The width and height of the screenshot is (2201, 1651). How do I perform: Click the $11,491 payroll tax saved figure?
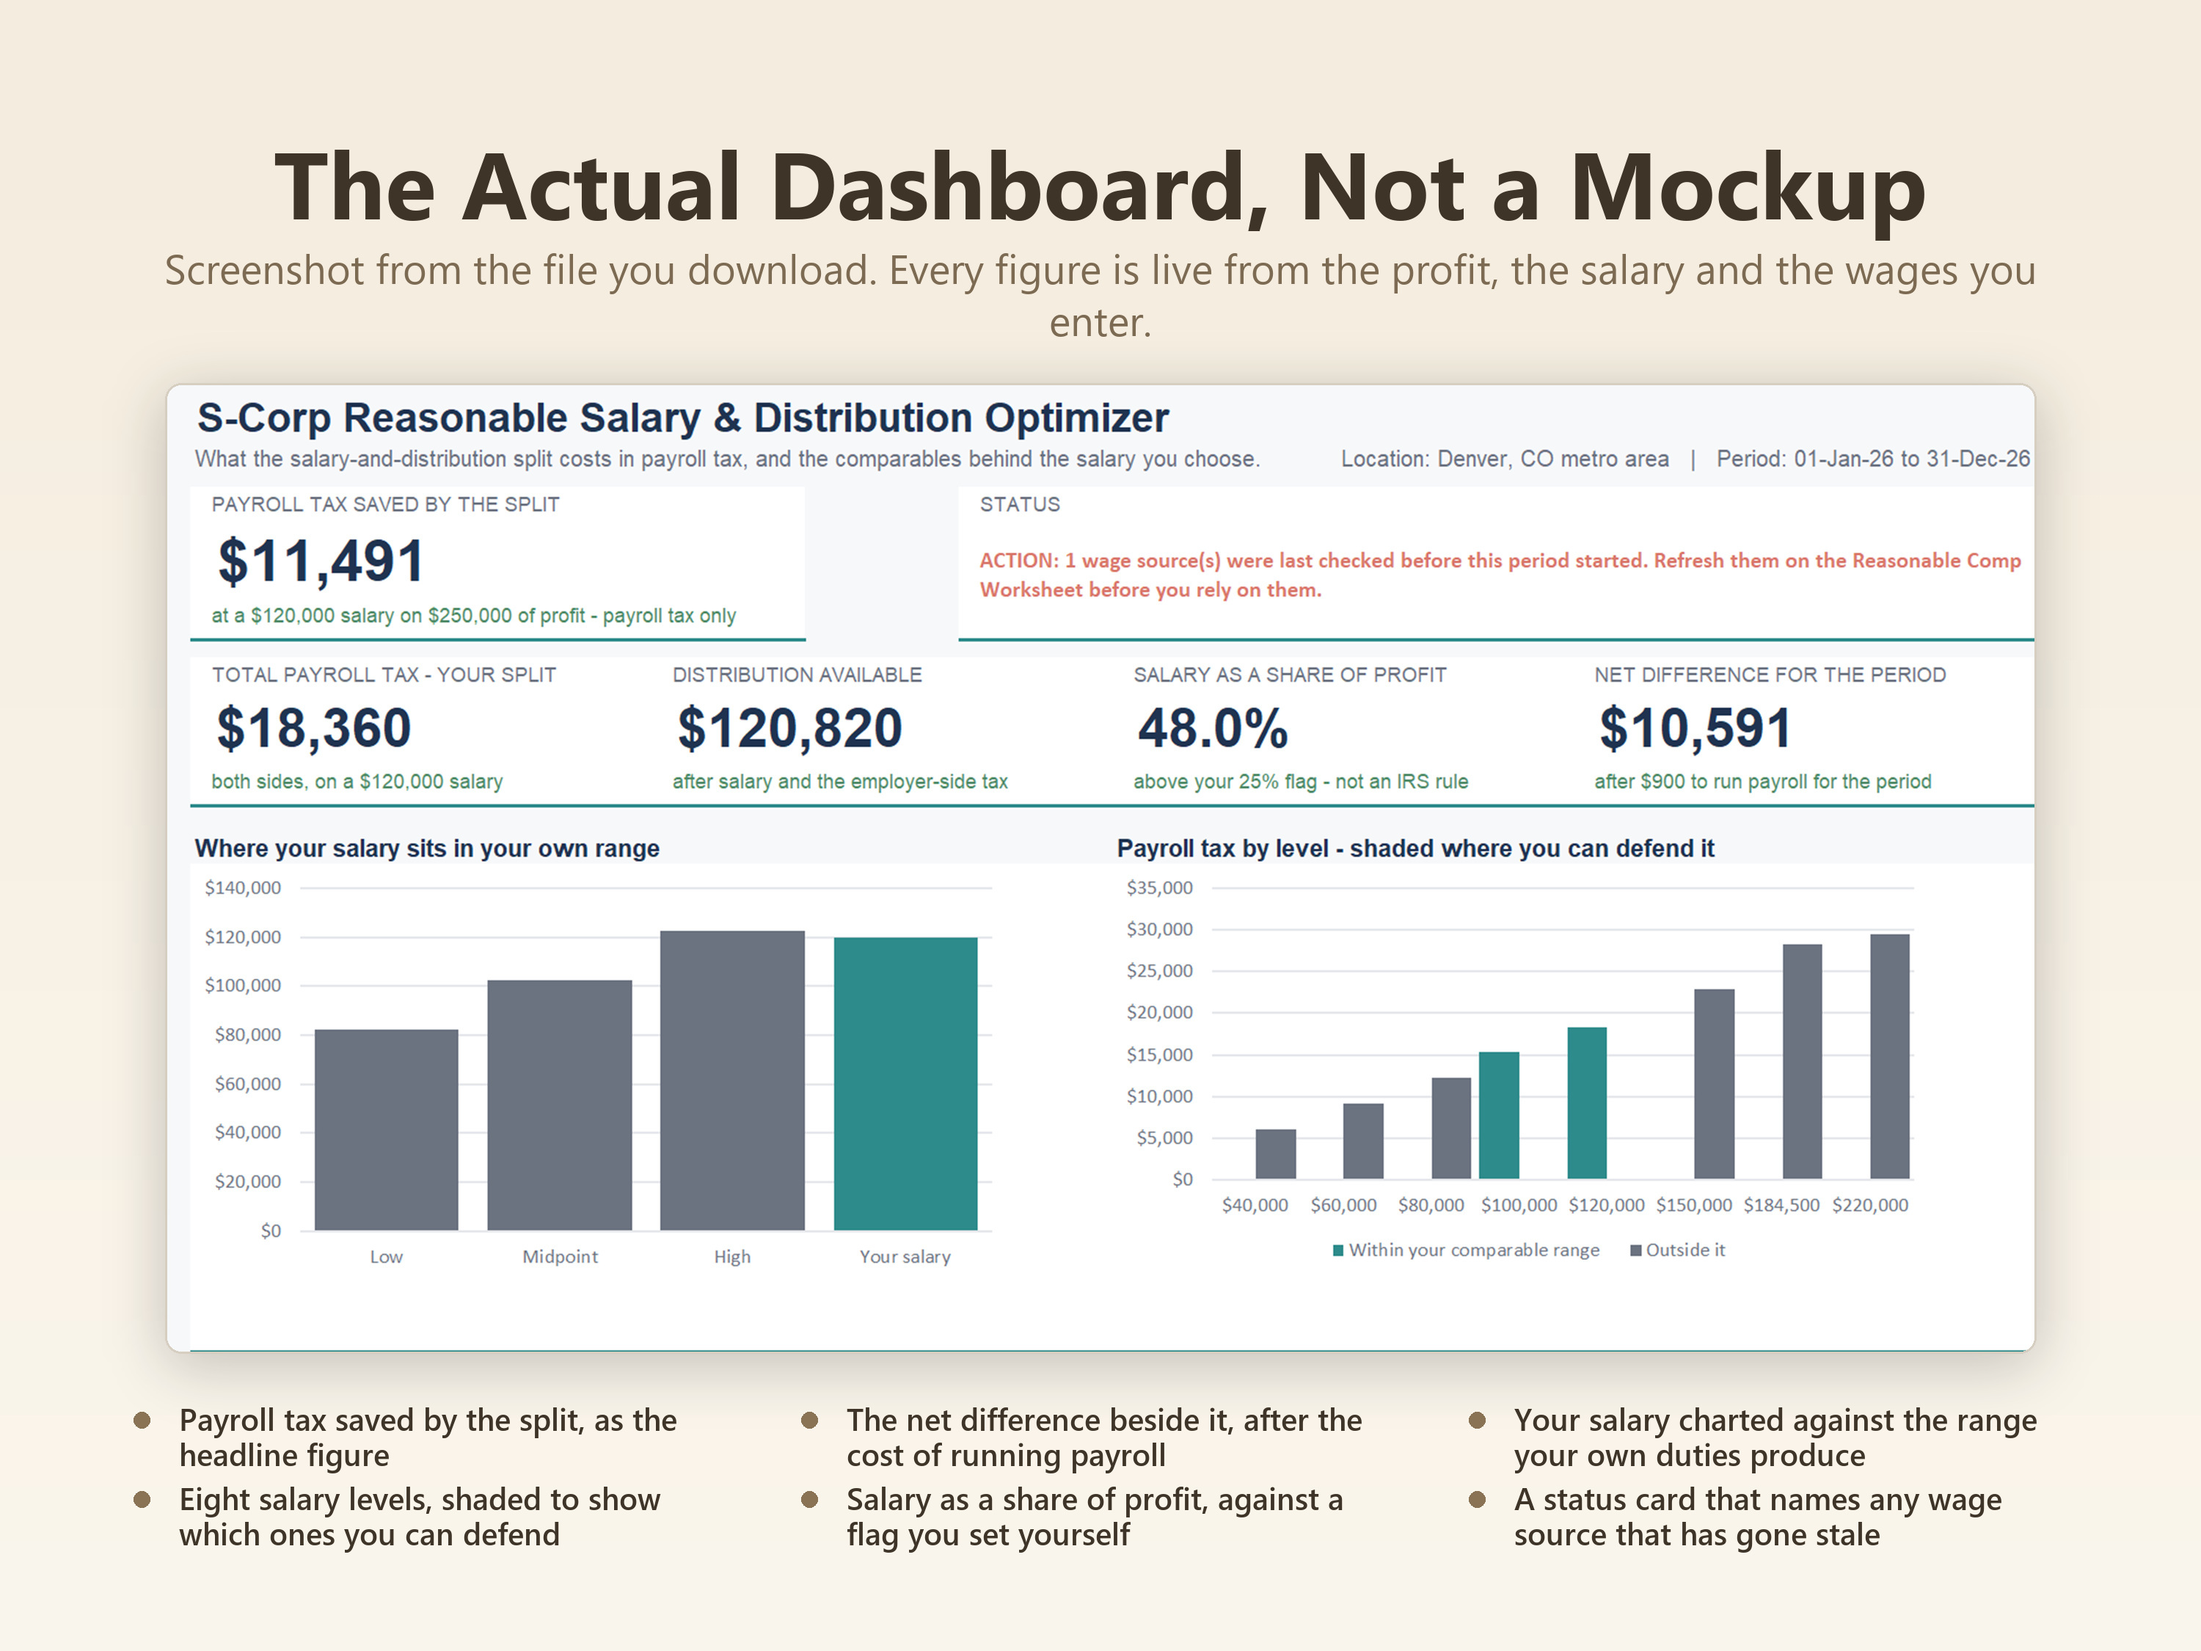[321, 561]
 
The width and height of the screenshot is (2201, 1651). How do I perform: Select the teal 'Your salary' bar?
[905, 1084]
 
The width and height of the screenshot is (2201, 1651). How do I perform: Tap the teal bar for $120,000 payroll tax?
[1587, 1103]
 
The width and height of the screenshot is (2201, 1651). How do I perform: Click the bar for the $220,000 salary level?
[1889, 1057]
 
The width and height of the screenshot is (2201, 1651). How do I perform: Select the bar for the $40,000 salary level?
[1276, 1154]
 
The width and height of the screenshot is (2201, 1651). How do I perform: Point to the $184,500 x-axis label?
[1781, 1205]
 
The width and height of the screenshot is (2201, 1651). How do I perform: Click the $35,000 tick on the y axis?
[1159, 888]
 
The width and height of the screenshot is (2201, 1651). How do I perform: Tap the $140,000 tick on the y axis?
[243, 888]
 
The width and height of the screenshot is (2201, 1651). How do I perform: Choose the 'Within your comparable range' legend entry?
[1466, 1250]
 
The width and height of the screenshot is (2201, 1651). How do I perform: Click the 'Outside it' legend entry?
[1678, 1250]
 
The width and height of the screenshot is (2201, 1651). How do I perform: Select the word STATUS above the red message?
[1020, 505]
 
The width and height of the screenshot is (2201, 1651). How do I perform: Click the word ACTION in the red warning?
[1017, 561]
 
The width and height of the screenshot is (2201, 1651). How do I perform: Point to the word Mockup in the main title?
[1748, 189]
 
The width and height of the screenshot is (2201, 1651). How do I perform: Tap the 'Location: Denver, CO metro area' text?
[1505, 459]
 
